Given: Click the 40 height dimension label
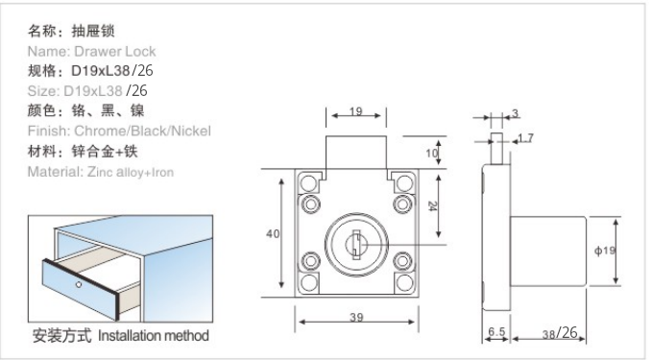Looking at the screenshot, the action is click(273, 234).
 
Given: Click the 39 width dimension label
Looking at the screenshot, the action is click(356, 317).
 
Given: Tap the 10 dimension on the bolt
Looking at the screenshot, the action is click(431, 153).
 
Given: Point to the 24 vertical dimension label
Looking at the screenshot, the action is click(432, 206).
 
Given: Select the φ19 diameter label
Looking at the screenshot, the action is click(605, 251).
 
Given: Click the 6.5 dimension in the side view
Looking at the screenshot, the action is click(496, 331).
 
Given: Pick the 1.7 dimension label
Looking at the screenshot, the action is click(525, 137).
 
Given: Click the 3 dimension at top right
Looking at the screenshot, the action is click(516, 113).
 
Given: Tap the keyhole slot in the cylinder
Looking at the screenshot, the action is click(356, 244).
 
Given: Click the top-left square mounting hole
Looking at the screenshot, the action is click(308, 182).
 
